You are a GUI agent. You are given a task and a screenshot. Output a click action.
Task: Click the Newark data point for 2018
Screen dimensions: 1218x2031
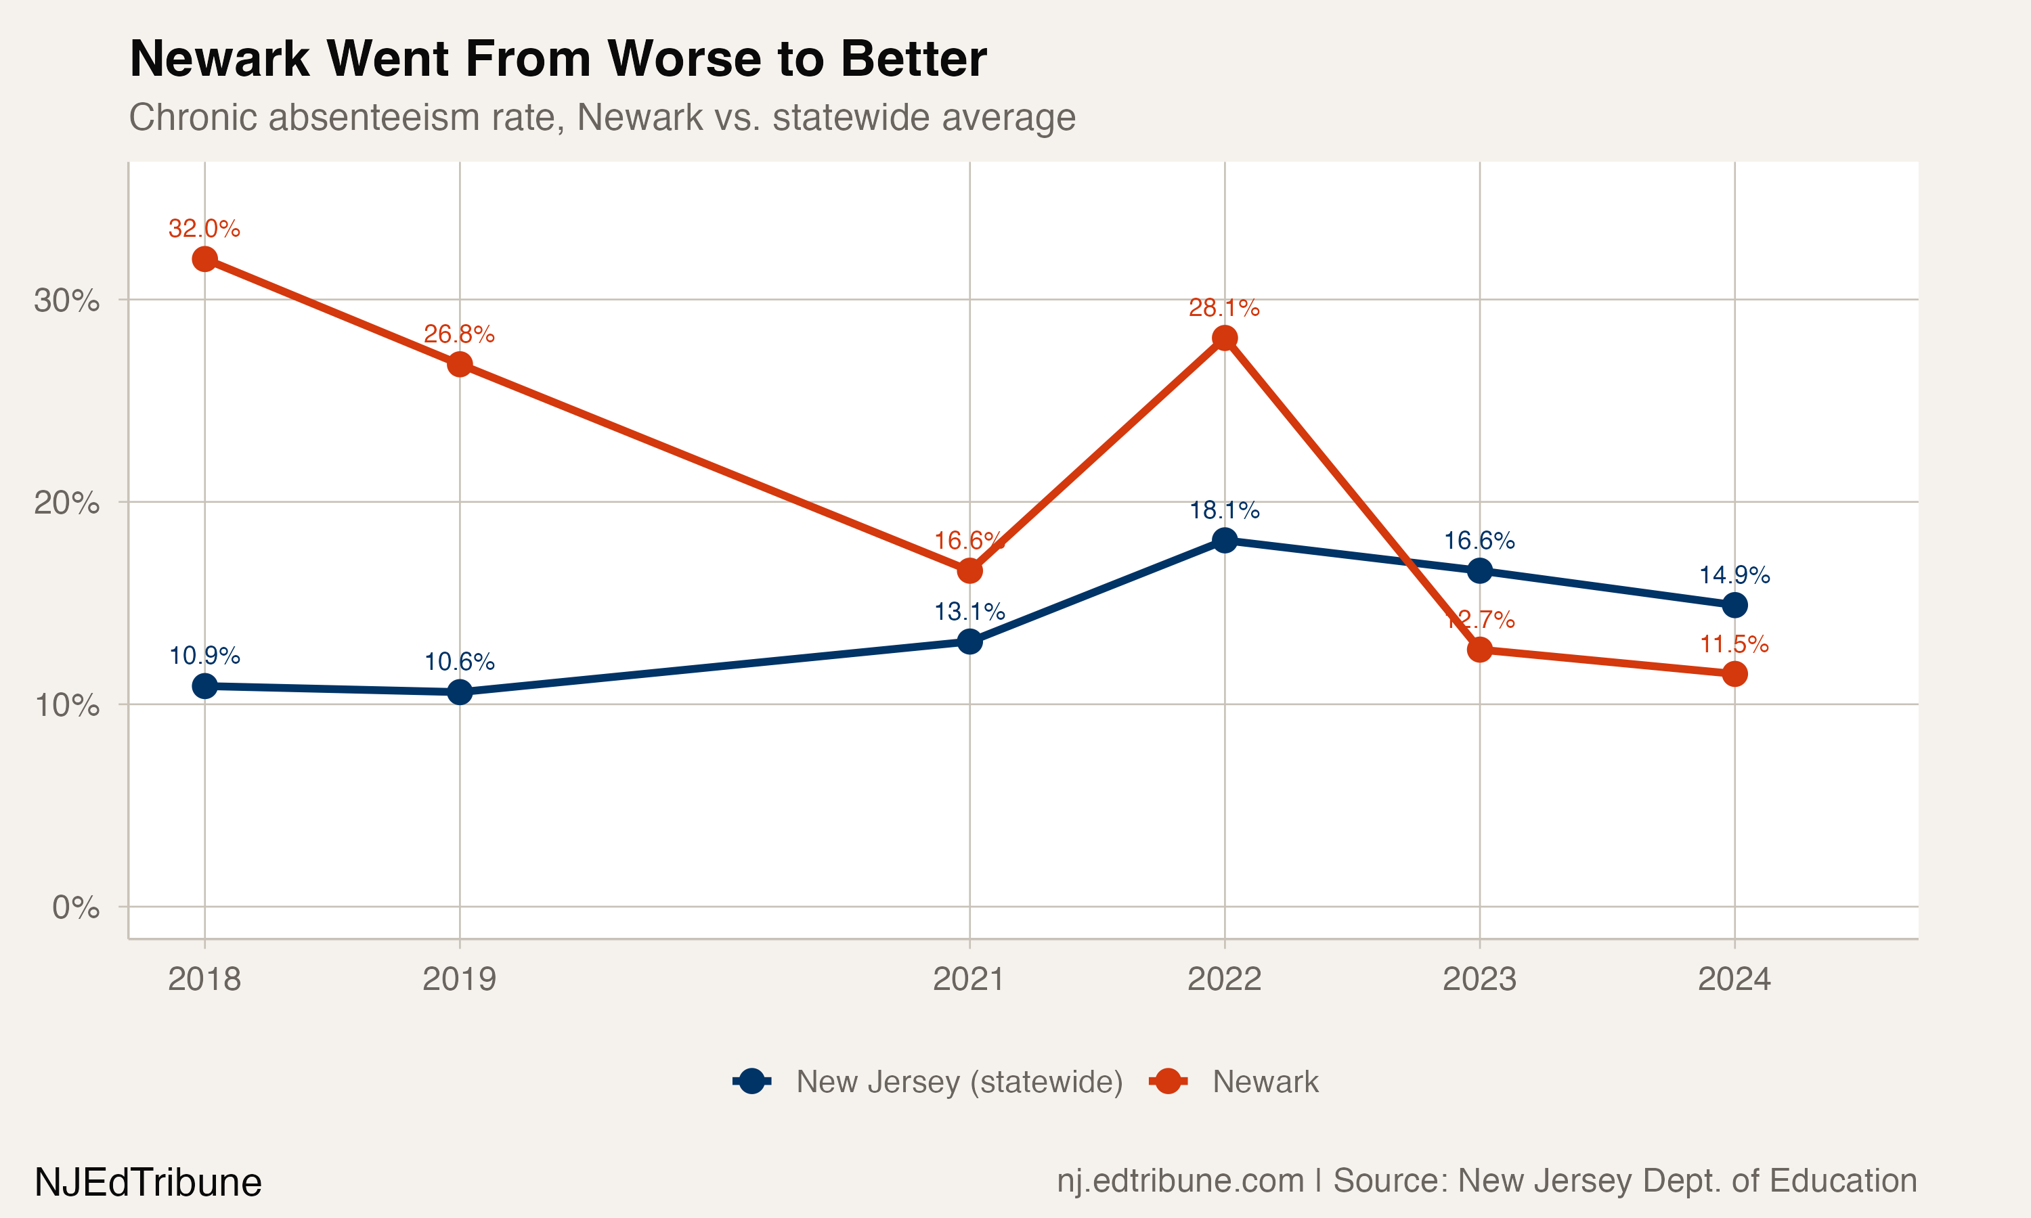coord(204,259)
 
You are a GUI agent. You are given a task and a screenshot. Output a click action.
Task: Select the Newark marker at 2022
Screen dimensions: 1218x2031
coord(1224,338)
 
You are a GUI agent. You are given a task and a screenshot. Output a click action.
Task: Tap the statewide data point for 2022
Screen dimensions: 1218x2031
coord(1224,540)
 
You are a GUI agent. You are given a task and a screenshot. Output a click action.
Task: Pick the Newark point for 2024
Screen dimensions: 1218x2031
coord(1734,674)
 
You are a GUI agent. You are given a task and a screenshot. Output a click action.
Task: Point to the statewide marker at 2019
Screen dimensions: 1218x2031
coord(460,692)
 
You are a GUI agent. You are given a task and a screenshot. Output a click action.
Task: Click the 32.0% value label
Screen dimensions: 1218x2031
coord(204,228)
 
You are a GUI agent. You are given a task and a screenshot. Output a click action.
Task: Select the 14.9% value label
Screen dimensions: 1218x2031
coord(1734,574)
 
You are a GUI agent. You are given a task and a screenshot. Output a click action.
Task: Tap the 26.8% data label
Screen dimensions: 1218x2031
coord(460,334)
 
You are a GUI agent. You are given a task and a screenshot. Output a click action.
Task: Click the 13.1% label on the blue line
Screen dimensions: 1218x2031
coord(969,612)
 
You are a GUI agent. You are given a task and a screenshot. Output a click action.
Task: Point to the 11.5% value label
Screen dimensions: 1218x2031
coord(1734,644)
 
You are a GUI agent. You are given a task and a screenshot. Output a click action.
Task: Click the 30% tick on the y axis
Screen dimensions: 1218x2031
coord(66,300)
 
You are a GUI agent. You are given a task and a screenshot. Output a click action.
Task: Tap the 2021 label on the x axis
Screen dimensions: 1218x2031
coord(969,979)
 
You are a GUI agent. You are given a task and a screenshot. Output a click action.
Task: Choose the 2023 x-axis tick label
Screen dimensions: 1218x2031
coord(1479,979)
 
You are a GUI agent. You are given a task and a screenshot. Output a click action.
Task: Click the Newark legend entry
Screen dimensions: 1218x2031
coord(1264,1082)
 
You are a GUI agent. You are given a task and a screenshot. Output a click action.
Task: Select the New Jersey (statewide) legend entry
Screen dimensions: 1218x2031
coord(959,1082)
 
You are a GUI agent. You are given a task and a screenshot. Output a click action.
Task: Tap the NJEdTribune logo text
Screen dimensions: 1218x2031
coord(148,1183)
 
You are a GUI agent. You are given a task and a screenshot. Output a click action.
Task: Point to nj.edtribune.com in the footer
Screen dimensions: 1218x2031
coord(1180,1180)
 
